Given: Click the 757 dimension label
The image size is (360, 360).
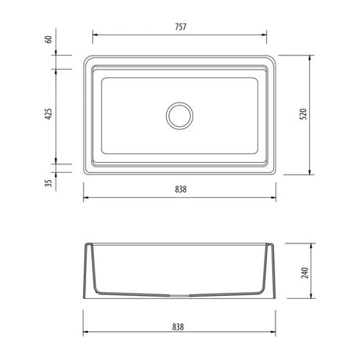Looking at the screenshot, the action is [181, 27].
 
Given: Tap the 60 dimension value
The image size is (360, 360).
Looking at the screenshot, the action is [49, 39].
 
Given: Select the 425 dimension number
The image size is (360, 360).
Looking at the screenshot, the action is [49, 113].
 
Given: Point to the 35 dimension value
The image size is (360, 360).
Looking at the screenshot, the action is [49, 183].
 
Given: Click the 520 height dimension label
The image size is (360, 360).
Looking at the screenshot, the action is [304, 114].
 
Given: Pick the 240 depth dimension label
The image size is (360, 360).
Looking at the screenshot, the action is [305, 272].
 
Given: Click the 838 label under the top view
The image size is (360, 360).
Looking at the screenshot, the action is [181, 189].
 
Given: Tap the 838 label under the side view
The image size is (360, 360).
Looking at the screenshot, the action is [178, 327].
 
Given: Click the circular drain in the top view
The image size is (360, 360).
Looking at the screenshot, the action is [180, 116].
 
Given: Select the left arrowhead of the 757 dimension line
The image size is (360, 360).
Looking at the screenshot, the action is [95, 34].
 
